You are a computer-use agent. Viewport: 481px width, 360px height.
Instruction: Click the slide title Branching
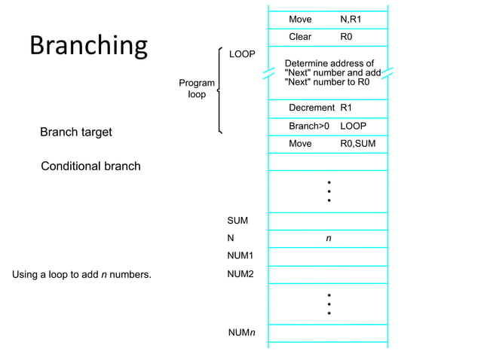coord(88,46)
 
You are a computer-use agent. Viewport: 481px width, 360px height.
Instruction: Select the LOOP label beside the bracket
coord(242,55)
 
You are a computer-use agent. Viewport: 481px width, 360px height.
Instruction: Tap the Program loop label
coord(196,89)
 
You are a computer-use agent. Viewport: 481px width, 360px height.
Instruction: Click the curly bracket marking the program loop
coord(219,90)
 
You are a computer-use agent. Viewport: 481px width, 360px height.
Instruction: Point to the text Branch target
coord(75,133)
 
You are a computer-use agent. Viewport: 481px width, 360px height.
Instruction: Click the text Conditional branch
coord(90,166)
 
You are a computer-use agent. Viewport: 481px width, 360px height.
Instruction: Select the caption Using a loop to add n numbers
coord(81,274)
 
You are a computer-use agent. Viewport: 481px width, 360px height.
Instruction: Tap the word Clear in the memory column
coord(300,37)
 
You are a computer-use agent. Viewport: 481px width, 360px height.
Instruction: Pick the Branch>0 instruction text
coord(309,126)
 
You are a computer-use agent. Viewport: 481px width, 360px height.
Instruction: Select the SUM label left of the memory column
coord(237,221)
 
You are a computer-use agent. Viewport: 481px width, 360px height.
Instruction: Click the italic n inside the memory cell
coord(328,238)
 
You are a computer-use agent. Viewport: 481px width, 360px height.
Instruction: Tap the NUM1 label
coord(240,256)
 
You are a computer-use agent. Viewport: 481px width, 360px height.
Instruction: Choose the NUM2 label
coord(240,274)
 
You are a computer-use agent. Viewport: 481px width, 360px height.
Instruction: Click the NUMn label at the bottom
coord(241,332)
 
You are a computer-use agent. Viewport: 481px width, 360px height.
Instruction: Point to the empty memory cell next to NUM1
coord(328,256)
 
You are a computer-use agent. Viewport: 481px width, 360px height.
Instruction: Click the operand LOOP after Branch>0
coord(353,126)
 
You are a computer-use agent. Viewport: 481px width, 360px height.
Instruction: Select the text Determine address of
coord(329,63)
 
